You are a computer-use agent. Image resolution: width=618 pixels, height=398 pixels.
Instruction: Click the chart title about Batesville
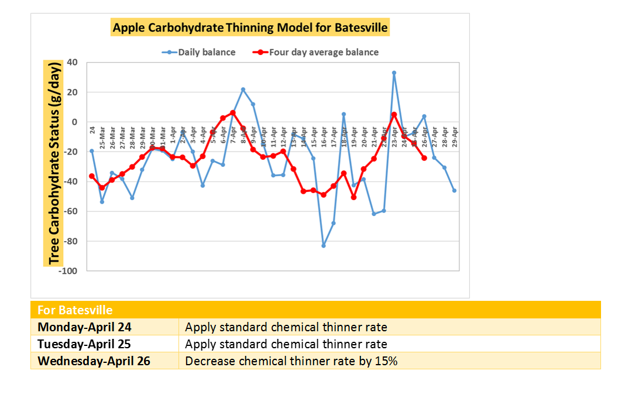(x=250, y=28)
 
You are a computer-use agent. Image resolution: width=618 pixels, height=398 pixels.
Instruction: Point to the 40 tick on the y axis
(x=73, y=63)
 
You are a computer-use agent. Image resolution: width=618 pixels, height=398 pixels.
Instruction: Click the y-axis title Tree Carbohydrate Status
(x=54, y=162)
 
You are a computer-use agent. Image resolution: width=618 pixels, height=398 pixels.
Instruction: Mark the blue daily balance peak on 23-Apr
(x=394, y=73)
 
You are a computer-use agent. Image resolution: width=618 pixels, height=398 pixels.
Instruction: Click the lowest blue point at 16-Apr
(x=324, y=245)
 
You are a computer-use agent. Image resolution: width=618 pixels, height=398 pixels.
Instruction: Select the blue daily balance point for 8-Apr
(x=243, y=90)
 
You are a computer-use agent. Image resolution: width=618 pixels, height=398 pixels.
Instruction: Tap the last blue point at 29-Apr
(x=454, y=190)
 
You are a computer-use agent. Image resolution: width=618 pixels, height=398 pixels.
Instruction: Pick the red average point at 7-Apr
(x=233, y=113)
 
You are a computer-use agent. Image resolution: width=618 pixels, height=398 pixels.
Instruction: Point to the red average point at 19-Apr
(x=353, y=197)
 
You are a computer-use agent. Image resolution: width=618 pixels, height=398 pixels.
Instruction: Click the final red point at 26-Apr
(x=424, y=157)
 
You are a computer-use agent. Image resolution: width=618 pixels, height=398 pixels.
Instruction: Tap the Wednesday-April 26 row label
(x=94, y=361)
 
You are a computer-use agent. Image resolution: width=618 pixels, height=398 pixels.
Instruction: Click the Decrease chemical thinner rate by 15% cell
(x=291, y=361)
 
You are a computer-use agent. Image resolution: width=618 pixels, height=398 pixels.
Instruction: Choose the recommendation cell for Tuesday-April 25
(x=286, y=344)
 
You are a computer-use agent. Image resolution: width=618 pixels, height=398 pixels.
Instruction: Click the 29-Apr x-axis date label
(x=455, y=136)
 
